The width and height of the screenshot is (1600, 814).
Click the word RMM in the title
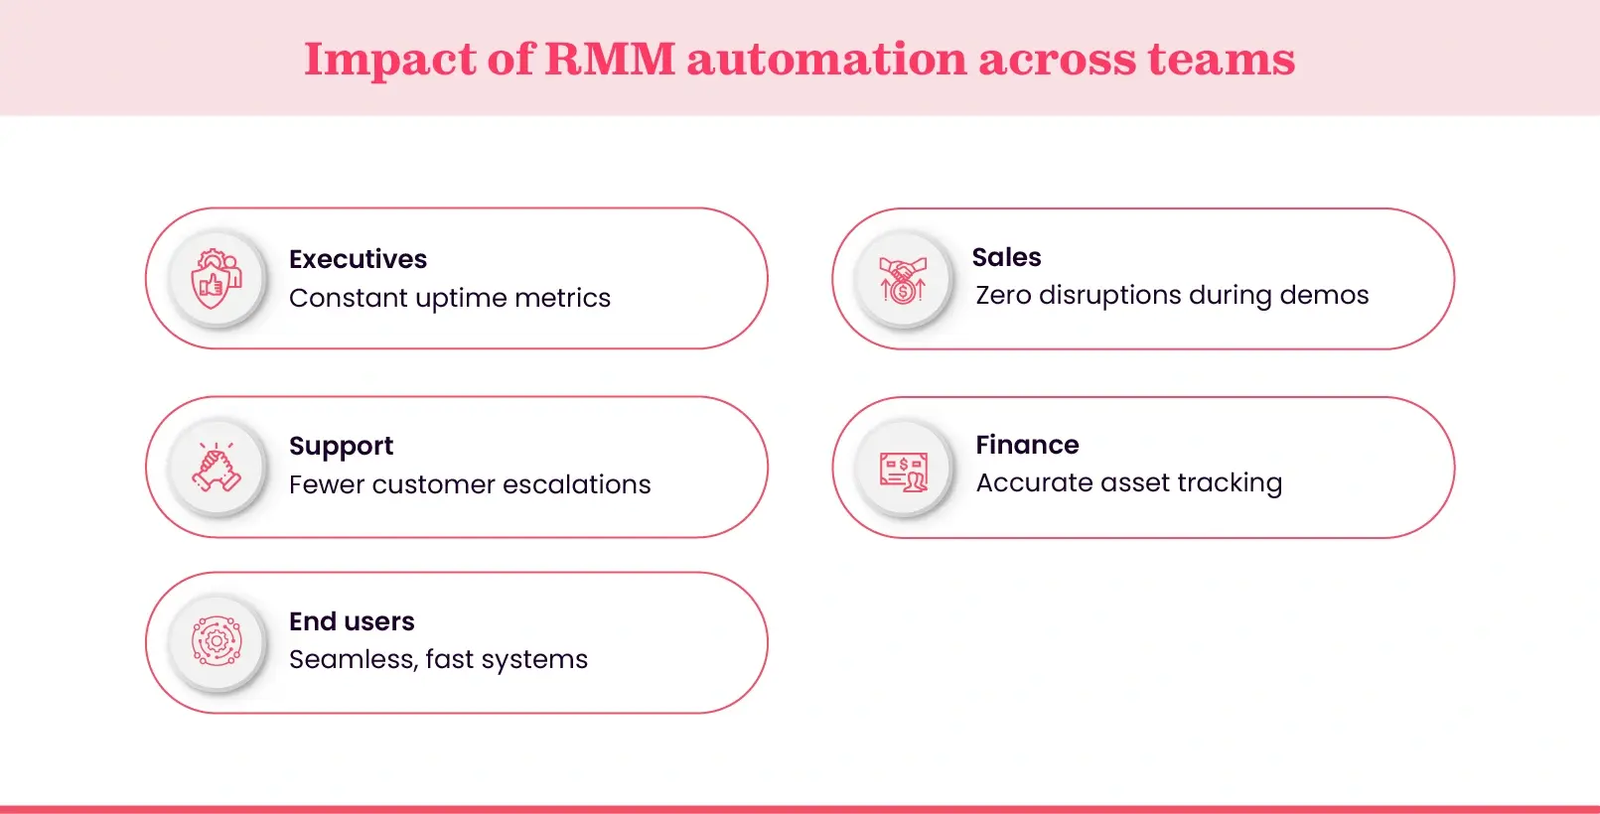610,59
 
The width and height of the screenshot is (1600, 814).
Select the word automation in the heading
826,59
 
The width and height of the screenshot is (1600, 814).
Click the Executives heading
358,259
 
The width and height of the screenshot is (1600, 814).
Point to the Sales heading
1006,257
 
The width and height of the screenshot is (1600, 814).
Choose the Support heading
341,447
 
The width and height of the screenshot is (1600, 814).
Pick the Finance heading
1027,445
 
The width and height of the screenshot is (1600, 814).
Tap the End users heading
352,621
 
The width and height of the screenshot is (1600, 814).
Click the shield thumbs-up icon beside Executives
217,279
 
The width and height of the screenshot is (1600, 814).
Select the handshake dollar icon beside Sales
903,280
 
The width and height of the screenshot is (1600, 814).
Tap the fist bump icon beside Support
217,468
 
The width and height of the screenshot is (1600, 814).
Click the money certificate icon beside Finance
903,470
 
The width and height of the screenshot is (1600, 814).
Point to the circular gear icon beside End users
217,641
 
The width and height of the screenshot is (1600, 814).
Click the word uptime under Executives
461,299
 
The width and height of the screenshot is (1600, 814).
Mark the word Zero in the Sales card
1003,295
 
